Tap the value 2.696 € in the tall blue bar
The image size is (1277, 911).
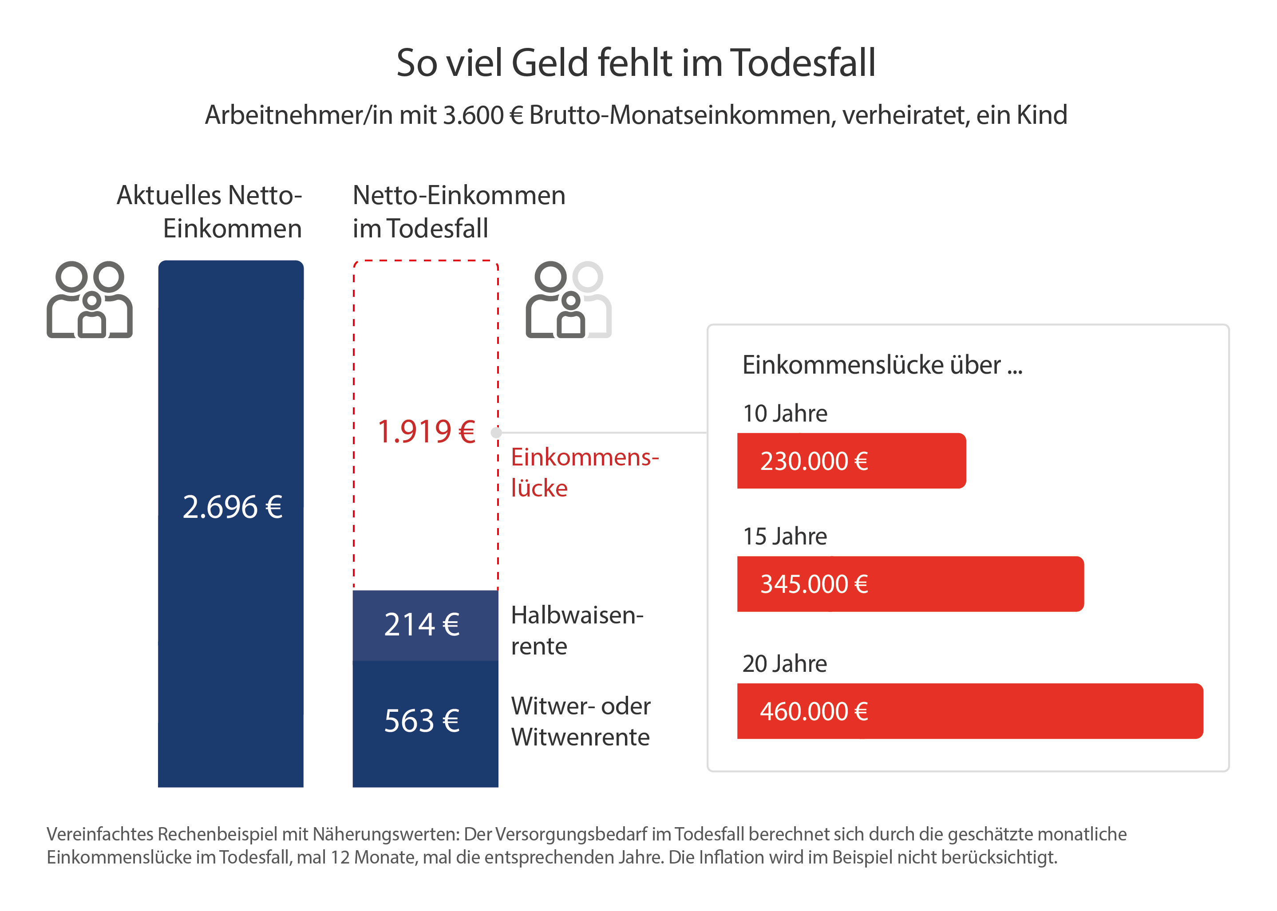232,507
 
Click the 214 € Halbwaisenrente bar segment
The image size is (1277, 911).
425,625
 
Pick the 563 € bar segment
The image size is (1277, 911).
425,722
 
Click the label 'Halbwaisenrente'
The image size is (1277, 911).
576,631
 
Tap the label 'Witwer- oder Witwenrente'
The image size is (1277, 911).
580,722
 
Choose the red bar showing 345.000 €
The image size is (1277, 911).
909,584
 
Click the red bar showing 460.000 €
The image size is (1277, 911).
969,711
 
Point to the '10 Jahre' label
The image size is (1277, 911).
784,414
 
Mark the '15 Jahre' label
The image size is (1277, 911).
784,537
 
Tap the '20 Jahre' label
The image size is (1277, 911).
784,664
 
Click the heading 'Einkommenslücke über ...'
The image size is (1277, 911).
882,365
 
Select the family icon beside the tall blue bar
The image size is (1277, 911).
90,300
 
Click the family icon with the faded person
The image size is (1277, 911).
568,300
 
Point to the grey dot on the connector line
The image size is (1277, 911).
495,433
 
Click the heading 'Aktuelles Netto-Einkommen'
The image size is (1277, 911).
209,212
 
